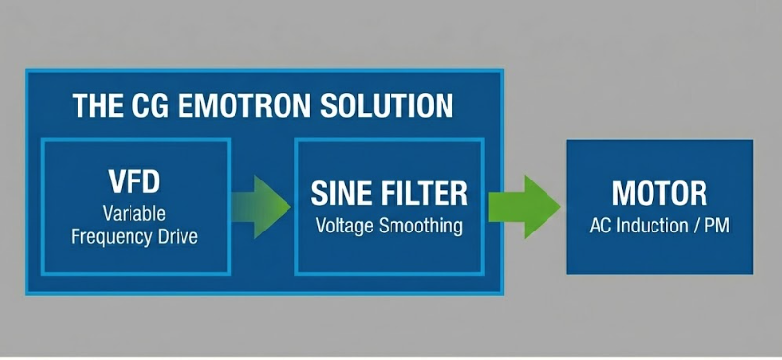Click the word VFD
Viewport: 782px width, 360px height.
click(135, 183)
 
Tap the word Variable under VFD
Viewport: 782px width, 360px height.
click(135, 213)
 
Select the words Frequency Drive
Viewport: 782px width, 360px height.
click(135, 236)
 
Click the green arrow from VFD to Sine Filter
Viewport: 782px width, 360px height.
click(262, 206)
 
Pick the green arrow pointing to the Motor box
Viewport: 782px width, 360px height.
click(525, 206)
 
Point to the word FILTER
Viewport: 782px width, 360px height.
click(422, 191)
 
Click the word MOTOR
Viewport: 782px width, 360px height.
click(658, 193)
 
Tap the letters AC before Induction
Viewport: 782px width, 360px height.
click(600, 227)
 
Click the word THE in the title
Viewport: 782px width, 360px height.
click(95, 105)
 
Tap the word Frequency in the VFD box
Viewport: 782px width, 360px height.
click(113, 236)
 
